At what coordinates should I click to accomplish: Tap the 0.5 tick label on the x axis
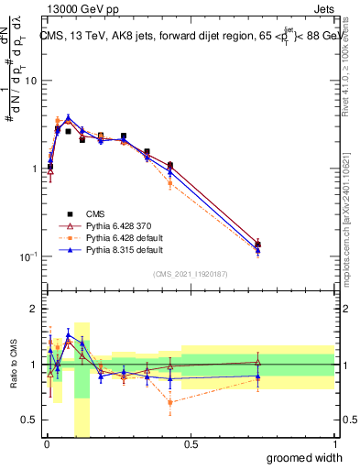(190, 444)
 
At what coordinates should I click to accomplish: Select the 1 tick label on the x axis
(334, 444)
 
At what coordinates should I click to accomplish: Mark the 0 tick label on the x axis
(46, 444)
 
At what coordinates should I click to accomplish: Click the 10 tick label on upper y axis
(31, 81)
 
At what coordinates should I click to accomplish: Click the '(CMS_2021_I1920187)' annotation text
(190, 274)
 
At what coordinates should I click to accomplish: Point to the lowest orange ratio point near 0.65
(170, 402)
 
